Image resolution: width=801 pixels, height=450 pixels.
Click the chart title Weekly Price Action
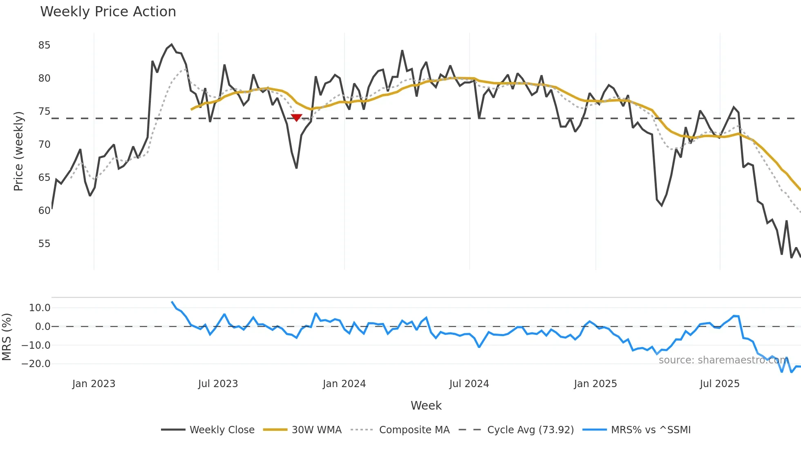pos(108,12)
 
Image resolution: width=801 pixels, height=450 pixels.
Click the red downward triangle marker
pos(296,118)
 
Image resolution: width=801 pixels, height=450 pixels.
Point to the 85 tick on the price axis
pos(44,45)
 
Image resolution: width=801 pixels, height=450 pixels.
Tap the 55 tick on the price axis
pos(44,244)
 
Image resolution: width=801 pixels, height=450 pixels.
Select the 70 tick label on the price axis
pos(44,145)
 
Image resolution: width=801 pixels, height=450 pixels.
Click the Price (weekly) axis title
pos(18,151)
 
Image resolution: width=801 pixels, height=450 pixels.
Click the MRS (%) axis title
pos(7,337)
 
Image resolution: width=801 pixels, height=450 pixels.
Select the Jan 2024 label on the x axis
pos(344,384)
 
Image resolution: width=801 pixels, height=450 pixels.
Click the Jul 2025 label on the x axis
pos(719,384)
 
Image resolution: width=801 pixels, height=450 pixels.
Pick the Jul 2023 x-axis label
pos(218,384)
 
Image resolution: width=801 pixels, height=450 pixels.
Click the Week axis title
pos(426,405)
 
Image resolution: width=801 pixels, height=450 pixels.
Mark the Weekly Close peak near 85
pos(172,45)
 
